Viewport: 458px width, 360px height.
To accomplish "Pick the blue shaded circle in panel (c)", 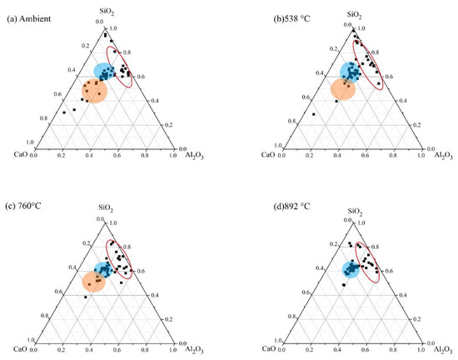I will (x=104, y=270).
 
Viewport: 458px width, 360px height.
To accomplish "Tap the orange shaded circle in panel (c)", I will (x=95, y=282).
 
